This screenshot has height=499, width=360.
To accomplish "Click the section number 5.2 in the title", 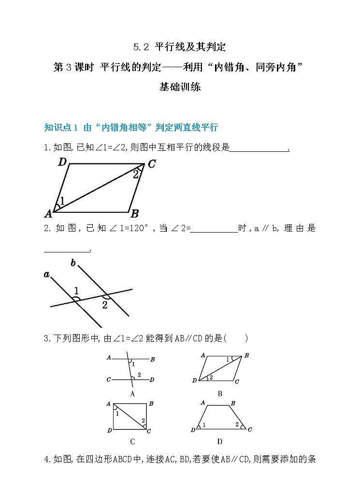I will click(x=141, y=47).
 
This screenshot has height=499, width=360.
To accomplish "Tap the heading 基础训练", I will click(x=180, y=88).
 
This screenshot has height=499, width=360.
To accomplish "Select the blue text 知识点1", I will click(x=61, y=128).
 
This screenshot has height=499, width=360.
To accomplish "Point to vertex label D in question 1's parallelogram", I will click(x=62, y=162).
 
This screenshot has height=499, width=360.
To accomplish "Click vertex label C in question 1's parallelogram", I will click(x=151, y=164).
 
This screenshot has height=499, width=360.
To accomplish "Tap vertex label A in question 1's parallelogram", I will click(x=48, y=213).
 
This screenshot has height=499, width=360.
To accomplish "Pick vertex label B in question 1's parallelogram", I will click(x=135, y=213).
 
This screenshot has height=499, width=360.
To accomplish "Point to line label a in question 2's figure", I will click(x=47, y=275).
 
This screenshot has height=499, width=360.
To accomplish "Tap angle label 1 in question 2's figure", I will click(x=76, y=290).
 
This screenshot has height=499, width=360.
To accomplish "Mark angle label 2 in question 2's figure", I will click(x=104, y=305).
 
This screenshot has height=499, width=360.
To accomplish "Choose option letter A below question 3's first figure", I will click(x=132, y=394).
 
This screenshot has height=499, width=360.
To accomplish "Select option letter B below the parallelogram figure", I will click(x=220, y=394).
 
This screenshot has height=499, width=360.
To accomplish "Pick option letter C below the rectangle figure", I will click(x=132, y=441).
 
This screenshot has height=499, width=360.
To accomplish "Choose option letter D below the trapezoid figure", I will click(x=220, y=441).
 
